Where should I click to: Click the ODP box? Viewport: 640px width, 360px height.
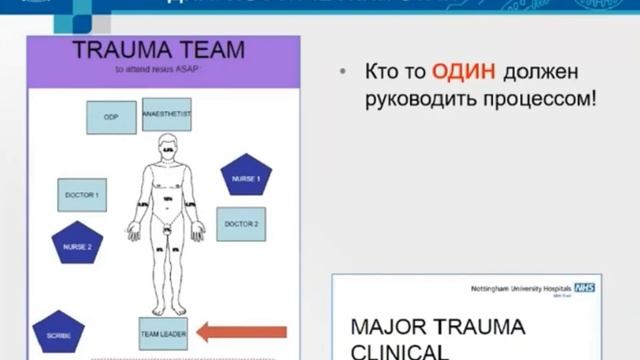(112, 117)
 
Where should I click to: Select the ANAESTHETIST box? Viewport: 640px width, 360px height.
(166, 115)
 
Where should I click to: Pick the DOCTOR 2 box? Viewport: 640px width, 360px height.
(241, 224)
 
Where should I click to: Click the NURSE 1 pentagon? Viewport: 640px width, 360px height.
(246, 177)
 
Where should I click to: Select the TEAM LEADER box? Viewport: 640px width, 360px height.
(163, 333)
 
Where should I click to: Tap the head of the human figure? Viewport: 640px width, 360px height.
(167, 146)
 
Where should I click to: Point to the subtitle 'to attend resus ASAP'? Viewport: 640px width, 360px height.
(164, 71)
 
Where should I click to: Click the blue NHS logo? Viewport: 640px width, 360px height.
(587, 286)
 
